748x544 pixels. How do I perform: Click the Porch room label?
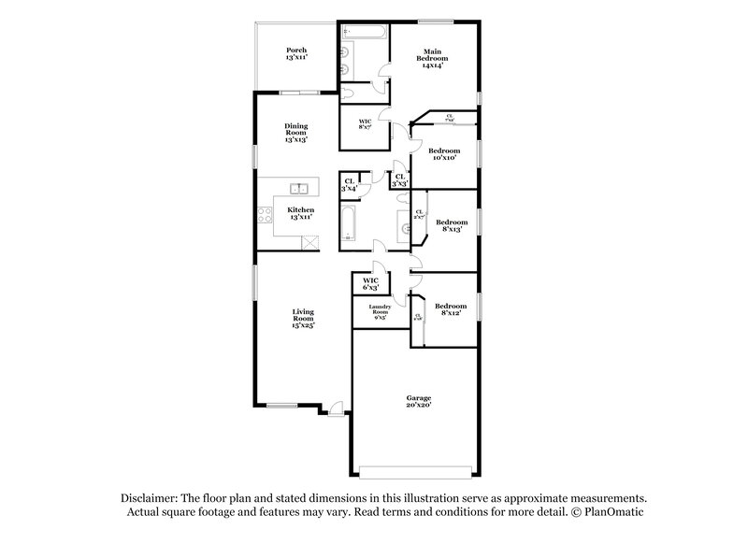click(296, 53)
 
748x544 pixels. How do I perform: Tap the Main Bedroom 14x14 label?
click(432, 58)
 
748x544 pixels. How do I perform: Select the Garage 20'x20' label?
click(417, 400)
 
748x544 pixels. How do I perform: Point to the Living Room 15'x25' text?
click(302, 318)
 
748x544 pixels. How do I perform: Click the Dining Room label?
click(296, 132)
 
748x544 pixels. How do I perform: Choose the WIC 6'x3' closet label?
click(370, 283)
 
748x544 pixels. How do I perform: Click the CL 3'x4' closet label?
click(350, 185)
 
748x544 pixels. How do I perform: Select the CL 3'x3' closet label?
click(399, 179)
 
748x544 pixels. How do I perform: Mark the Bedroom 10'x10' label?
click(444, 154)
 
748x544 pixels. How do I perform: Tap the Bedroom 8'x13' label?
click(452, 225)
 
